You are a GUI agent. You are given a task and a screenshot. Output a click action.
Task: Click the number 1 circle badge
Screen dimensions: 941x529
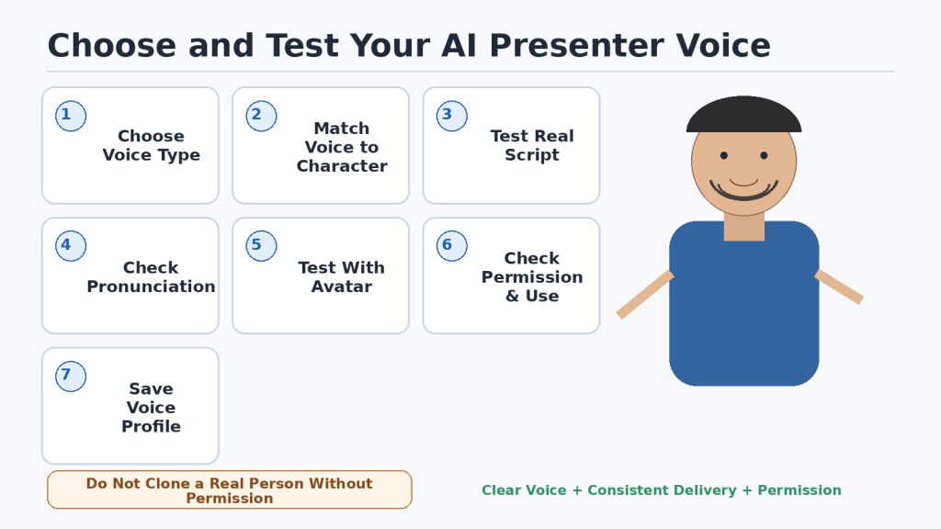(71, 116)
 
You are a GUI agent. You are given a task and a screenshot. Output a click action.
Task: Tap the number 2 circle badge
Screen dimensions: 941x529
(261, 116)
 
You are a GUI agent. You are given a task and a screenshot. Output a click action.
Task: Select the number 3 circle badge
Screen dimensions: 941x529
(452, 116)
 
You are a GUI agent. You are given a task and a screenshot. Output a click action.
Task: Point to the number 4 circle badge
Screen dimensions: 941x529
(71, 246)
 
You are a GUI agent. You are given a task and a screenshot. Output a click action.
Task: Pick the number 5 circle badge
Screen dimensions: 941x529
(261, 246)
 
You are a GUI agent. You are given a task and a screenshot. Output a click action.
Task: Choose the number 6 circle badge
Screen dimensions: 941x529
(452, 246)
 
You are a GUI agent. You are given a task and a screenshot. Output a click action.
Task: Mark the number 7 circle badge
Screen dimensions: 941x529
(71, 376)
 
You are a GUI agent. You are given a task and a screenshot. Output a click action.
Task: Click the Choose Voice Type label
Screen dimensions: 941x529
(152, 145)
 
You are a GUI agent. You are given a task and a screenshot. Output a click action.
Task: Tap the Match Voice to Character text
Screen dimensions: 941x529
(342, 147)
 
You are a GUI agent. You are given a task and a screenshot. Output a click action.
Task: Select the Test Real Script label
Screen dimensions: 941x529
(532, 145)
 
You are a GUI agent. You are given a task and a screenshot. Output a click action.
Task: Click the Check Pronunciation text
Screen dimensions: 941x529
(152, 276)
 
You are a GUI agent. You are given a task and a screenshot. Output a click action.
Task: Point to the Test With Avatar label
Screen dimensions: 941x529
(342, 276)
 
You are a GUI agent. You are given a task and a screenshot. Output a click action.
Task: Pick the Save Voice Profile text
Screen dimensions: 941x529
(152, 407)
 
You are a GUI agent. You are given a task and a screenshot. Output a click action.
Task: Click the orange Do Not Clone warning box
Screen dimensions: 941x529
(230, 490)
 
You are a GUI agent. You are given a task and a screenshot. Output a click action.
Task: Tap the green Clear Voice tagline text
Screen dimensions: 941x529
(662, 490)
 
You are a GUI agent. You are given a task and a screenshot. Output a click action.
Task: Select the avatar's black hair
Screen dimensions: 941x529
(744, 115)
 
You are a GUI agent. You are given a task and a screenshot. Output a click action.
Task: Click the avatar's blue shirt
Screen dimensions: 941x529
(744, 312)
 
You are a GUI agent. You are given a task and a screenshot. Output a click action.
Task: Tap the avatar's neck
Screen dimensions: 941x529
(744, 228)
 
